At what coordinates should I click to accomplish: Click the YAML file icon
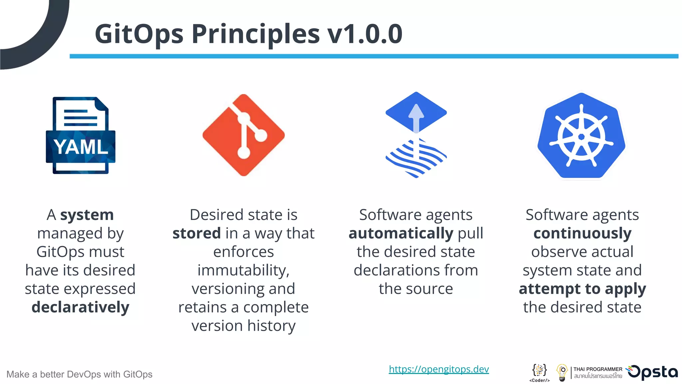[81, 135]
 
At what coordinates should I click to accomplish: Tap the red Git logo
[243, 135]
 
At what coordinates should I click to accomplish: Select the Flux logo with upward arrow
[416, 135]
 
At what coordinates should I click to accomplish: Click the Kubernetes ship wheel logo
[581, 136]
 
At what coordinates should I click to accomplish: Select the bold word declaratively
[80, 307]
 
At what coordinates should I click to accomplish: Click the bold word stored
[196, 233]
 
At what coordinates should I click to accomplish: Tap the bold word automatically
[401, 233]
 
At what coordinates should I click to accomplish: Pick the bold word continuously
[582, 233]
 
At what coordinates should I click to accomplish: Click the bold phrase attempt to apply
[582, 289]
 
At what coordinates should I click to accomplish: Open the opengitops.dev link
[439, 369]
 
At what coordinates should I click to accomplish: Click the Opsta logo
[653, 372]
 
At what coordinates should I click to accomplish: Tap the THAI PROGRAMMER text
[598, 369]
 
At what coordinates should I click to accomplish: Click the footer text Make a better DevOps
[79, 374]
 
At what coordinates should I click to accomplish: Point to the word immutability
[243, 270]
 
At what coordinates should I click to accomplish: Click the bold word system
[87, 215]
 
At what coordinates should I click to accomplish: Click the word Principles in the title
[255, 34]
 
